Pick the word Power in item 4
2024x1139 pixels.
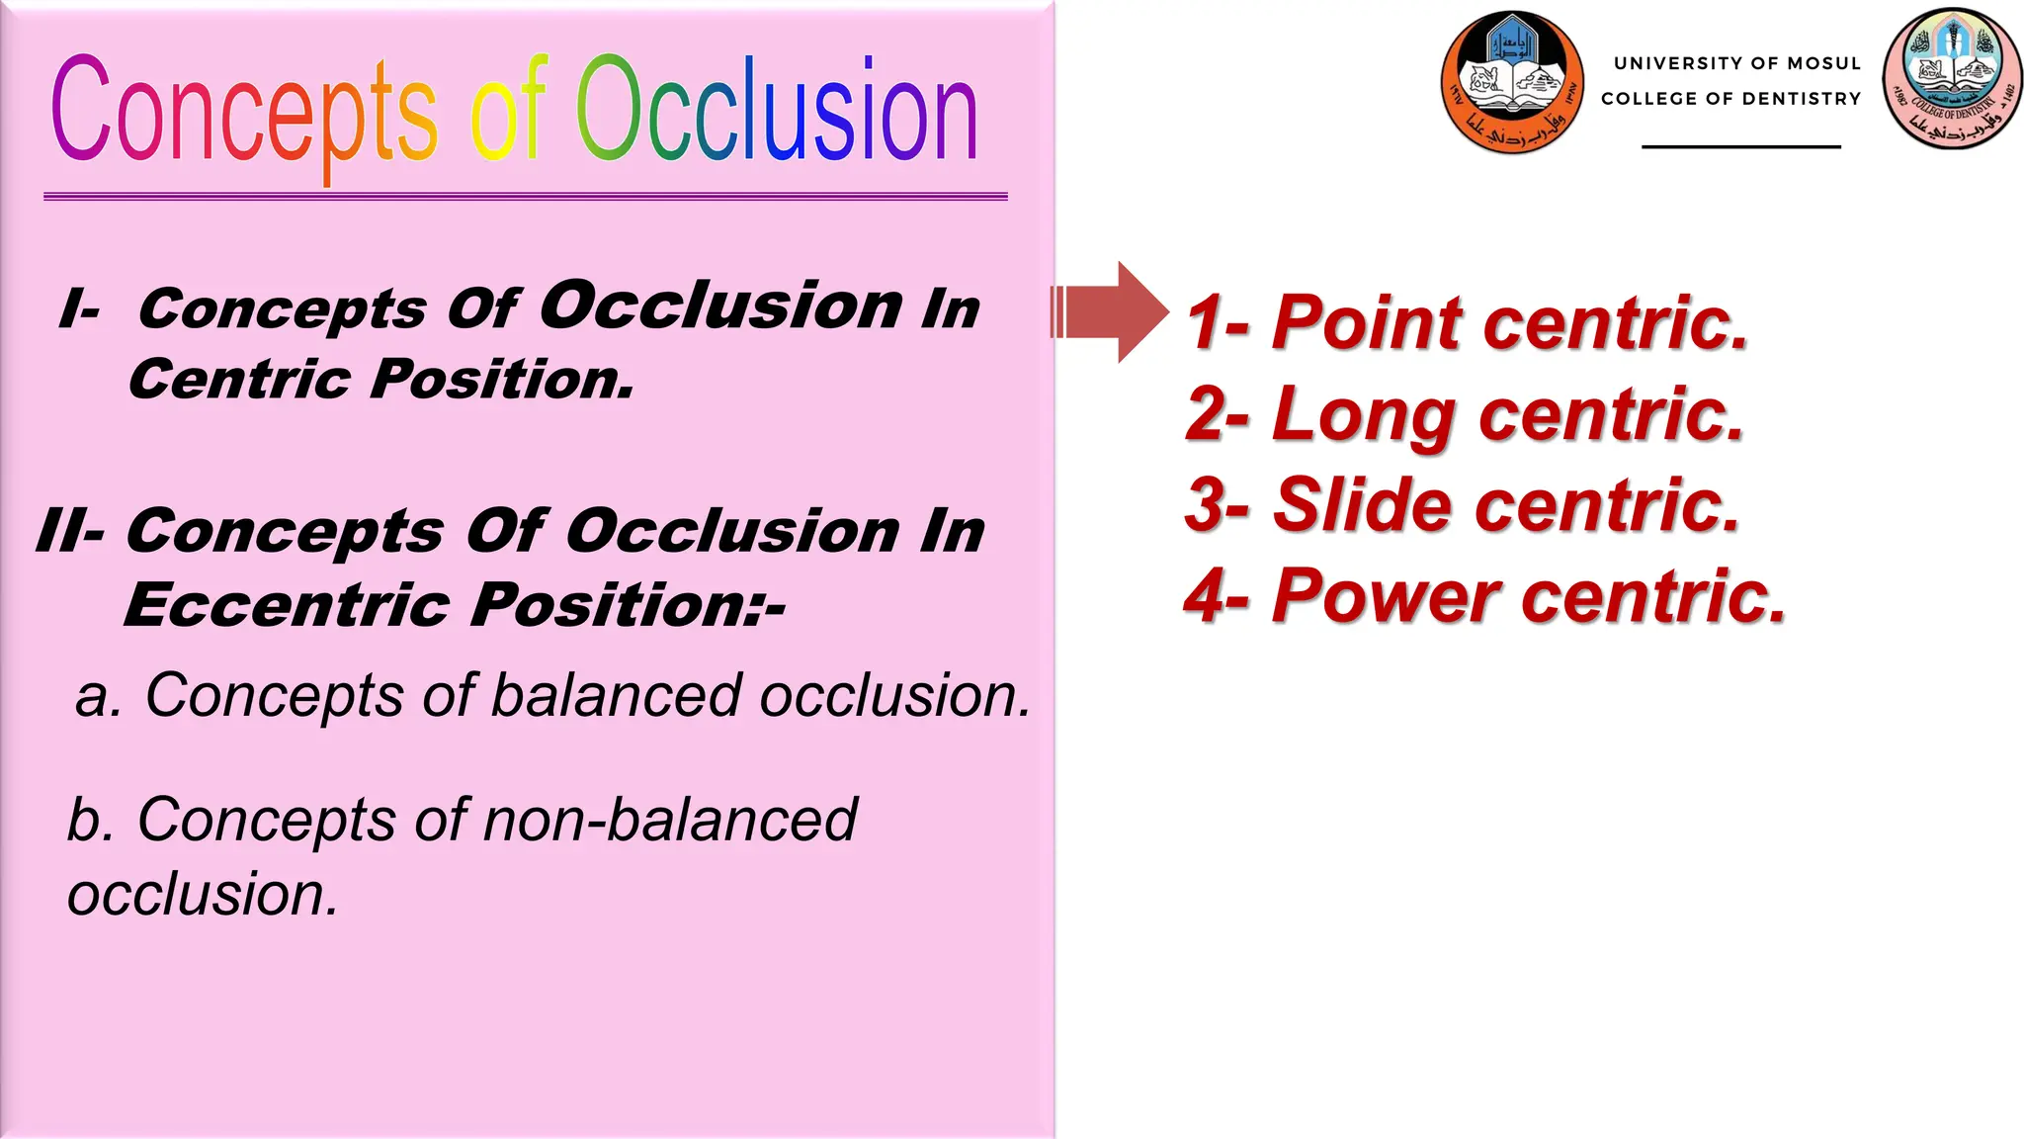tap(1386, 596)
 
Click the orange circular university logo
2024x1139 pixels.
tap(1512, 82)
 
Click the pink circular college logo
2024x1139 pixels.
tap(1952, 79)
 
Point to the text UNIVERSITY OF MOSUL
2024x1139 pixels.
tap(1736, 63)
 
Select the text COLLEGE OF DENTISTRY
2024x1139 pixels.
tap(1730, 99)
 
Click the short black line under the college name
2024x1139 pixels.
tap(1740, 146)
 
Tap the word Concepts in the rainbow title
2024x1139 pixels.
tap(243, 111)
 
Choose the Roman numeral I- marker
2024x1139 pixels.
tap(79, 309)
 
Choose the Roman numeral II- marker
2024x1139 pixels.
tap(69, 531)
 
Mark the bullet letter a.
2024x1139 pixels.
tap(96, 696)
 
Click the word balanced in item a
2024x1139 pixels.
tap(616, 695)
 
